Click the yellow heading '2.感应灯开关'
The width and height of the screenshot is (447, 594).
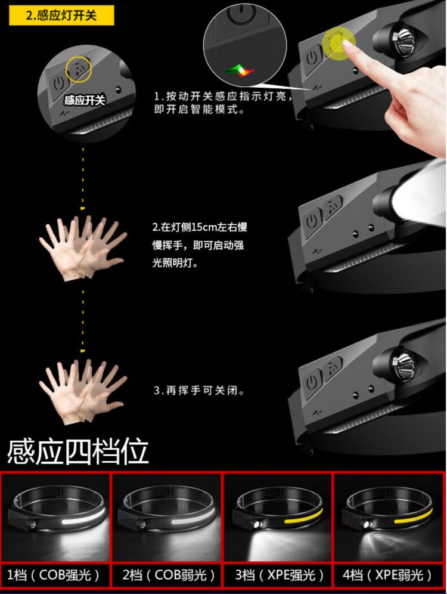point(61,16)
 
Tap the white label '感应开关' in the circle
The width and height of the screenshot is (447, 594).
point(85,100)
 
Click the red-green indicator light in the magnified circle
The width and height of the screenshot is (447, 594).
point(240,69)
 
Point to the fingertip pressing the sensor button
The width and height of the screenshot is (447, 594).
point(347,44)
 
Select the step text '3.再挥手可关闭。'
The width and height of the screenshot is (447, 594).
point(198,391)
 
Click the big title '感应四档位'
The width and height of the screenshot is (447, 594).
point(77,451)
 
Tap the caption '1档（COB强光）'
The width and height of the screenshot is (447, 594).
point(54,575)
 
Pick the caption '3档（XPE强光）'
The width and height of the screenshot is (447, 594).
point(280,575)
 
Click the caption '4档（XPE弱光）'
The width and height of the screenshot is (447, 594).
point(387,575)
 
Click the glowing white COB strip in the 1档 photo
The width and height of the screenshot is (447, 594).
point(83,517)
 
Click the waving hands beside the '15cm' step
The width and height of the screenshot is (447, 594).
point(83,247)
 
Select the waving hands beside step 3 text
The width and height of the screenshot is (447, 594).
point(83,391)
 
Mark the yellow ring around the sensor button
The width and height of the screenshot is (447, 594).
point(79,69)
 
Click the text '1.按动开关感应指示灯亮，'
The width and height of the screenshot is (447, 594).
point(223,97)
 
